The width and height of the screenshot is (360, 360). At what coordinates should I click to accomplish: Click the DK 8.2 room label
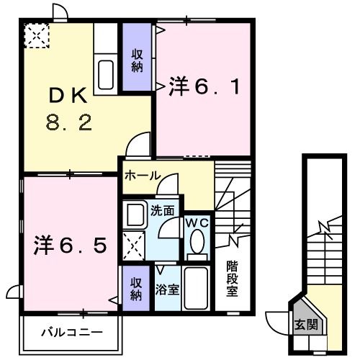click(69, 109)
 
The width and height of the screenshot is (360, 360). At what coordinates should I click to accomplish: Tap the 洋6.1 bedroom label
click(204, 86)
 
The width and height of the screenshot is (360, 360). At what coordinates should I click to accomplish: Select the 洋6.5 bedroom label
click(70, 245)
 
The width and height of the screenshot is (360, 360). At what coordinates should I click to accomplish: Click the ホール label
click(143, 176)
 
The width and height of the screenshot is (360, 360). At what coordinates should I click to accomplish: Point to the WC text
click(198, 223)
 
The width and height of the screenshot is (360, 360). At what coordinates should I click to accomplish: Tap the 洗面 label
click(162, 211)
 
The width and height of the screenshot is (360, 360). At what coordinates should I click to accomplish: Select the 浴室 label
click(167, 289)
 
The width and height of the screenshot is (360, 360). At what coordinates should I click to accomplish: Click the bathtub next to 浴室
click(196, 288)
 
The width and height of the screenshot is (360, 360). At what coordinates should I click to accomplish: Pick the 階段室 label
click(232, 279)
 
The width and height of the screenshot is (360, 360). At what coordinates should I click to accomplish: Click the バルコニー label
click(72, 333)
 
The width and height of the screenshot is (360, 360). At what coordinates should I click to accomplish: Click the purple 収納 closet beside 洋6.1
click(137, 57)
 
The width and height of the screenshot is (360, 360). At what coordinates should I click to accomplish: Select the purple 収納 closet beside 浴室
click(136, 288)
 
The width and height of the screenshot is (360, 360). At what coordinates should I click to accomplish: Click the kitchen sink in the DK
click(106, 75)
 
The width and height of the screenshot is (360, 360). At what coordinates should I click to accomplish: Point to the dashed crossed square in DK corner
click(37, 35)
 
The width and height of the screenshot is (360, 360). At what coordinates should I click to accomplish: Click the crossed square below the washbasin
click(133, 246)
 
